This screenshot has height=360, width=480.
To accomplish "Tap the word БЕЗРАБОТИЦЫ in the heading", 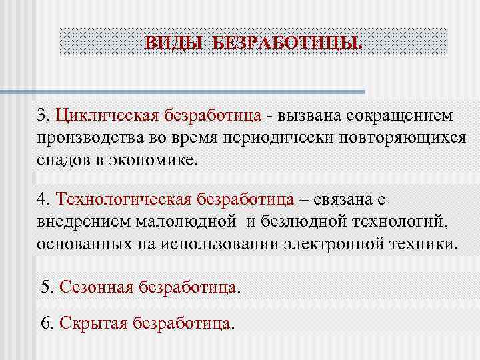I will coord(286,43).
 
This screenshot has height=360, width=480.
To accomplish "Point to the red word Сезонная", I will coord(96,287).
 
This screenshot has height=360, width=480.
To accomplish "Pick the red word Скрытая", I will coord(93,323).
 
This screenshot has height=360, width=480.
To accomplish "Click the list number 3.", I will coord(43,115).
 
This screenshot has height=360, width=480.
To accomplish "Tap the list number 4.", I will coord(43,199).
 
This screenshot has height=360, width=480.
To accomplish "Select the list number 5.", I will coord(47,287).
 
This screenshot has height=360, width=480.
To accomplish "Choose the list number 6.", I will coord(47,323).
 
